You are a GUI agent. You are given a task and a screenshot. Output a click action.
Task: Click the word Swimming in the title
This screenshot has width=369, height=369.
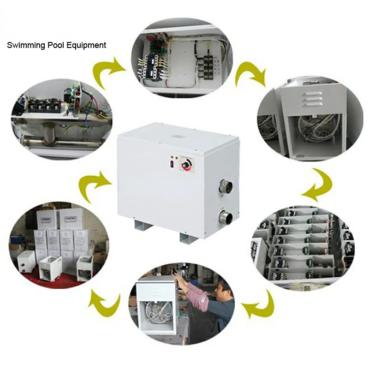coord(26,45)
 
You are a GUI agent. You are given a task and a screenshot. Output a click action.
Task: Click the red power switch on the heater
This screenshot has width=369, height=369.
coord(172,164)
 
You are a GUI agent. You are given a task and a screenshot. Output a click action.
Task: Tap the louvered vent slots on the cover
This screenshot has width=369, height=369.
coord(312,99)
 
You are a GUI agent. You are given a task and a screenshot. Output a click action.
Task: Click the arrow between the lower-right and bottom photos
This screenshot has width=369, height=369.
coord(261,305)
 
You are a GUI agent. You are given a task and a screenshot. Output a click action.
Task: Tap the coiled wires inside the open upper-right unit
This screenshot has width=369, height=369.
coord(315,127)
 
